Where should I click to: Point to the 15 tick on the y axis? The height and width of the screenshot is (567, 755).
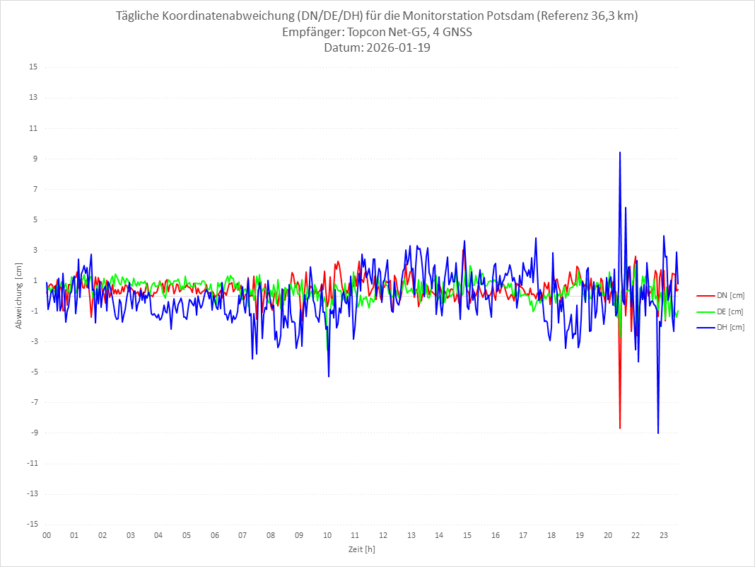pos(33,67)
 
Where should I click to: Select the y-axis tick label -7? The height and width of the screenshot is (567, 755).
pos(33,402)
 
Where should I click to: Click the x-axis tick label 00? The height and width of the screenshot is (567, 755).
pos(47,536)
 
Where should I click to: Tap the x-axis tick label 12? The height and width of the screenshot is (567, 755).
pos(383,536)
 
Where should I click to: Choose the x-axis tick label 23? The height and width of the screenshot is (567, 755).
pos(664,536)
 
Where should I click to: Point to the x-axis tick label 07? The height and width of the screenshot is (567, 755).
pos(242,536)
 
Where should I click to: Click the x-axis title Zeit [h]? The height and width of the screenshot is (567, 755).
pos(361,549)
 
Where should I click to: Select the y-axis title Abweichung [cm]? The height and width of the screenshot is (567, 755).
pos(19,296)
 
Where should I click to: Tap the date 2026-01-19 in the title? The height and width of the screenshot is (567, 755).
pos(397,48)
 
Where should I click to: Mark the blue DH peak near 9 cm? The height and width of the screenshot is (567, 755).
pos(620,152)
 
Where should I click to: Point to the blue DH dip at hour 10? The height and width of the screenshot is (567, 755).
pos(329,376)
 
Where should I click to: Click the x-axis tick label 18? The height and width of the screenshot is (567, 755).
pos(551,536)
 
